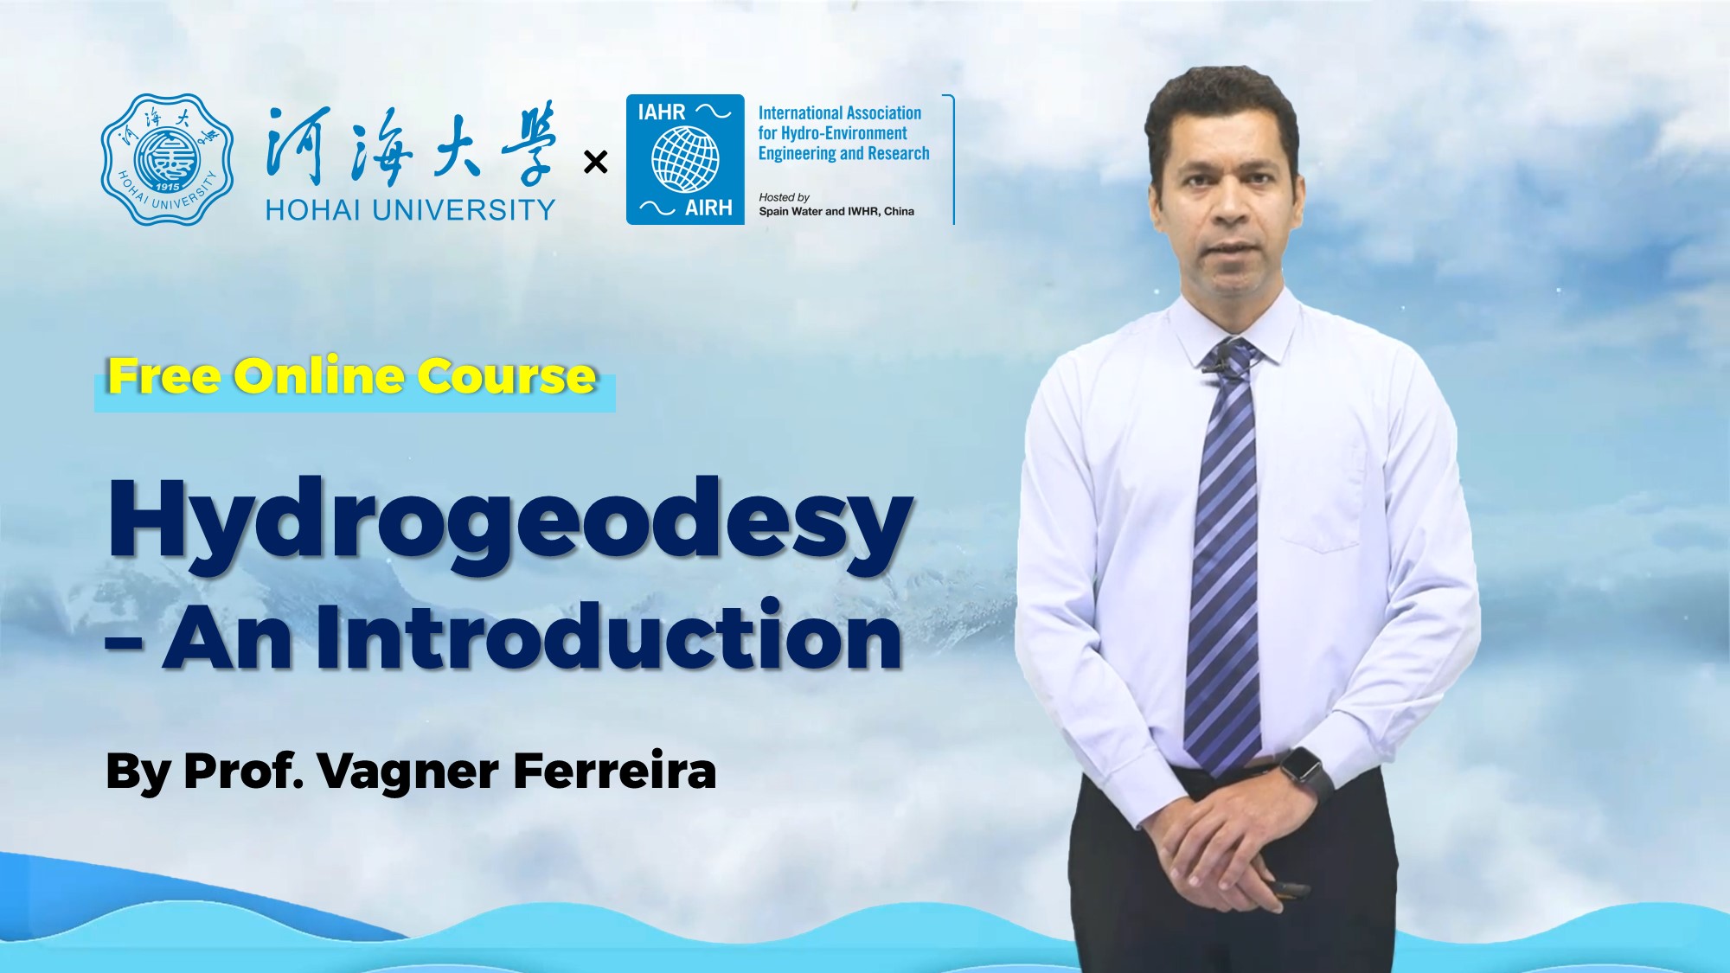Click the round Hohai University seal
click(167, 160)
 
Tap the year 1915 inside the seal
click(167, 187)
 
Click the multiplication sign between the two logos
click(595, 162)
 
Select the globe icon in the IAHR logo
click(685, 159)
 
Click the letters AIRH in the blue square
click(708, 208)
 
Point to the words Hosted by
click(784, 197)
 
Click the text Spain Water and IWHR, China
click(836, 211)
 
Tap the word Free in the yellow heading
click(163, 376)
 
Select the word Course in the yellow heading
click(507, 376)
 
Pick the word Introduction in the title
click(609, 637)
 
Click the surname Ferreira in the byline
click(614, 770)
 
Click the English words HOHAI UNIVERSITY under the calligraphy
click(410, 209)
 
